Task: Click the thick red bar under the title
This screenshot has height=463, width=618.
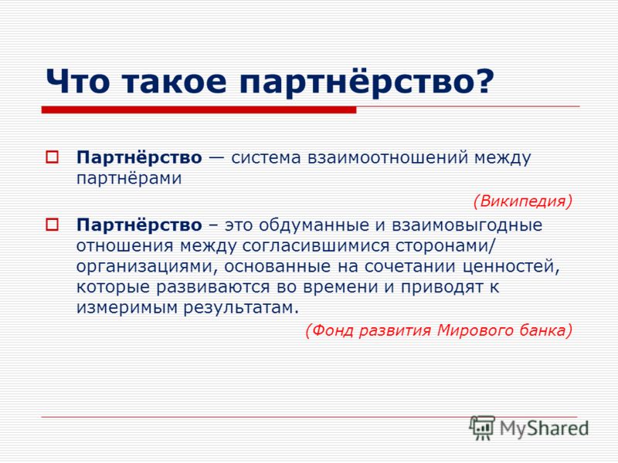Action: [x=199, y=110]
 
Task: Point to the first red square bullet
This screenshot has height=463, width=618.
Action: [x=52, y=157]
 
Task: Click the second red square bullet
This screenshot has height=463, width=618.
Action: [x=52, y=225]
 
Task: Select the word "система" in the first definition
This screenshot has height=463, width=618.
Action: [x=266, y=157]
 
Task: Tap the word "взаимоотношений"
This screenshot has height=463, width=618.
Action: [x=388, y=157]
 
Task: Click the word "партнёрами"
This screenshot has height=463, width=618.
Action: [x=129, y=179]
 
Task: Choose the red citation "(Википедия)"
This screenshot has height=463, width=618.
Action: [x=523, y=201]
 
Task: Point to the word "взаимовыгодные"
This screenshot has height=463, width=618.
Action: [x=467, y=225]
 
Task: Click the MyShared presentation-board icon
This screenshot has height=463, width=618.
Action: [x=481, y=428]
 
